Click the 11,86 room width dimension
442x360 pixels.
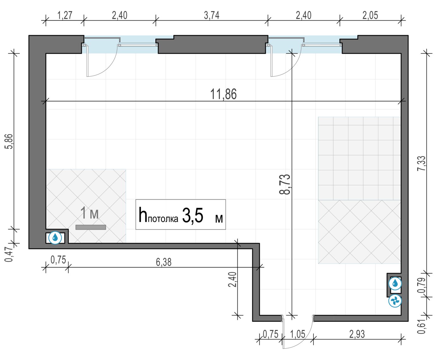223,94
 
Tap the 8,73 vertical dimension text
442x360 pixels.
285,184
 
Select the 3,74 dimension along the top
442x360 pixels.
212,15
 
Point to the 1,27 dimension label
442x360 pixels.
65,15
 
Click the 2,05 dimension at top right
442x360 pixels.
370,15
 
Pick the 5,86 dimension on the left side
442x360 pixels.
9,141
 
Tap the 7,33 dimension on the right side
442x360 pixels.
421,163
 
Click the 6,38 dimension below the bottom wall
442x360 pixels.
164,262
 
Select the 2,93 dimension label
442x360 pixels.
357,334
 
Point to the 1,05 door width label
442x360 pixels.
298,334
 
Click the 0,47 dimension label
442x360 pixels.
9,254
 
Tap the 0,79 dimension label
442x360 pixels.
421,285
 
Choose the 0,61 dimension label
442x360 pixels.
421,326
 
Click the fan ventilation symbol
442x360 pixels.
395,301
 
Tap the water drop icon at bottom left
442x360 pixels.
55,238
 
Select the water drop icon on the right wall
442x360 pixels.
395,283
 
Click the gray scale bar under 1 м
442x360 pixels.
91,227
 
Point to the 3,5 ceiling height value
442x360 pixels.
193,216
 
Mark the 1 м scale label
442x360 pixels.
89,213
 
